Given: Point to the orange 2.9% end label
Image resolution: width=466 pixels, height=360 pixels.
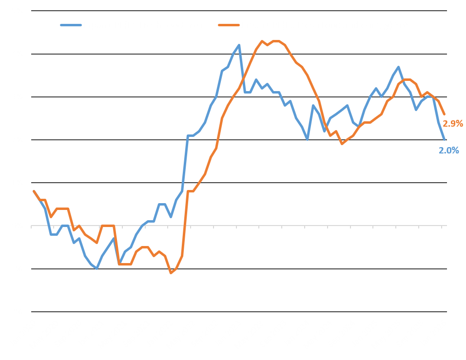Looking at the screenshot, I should tap(452, 124).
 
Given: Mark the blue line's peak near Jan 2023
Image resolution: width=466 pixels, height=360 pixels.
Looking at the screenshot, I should tap(239, 45).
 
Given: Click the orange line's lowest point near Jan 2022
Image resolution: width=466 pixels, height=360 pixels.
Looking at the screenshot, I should tap(171, 273).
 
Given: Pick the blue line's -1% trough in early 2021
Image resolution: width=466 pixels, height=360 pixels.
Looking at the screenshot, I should tap(97, 268).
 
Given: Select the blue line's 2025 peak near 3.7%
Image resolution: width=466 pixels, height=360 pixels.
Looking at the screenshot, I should tap(399, 67).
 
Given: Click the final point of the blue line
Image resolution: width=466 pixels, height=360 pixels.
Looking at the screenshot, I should tap(444, 140).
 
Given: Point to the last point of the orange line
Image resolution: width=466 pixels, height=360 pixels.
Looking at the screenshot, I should tap(444, 114).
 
